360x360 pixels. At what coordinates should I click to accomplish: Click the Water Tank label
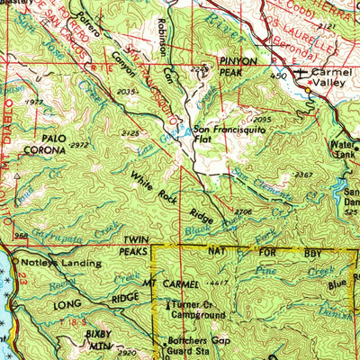pos(344,149)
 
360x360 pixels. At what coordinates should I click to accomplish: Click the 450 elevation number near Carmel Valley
pos(279,77)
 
